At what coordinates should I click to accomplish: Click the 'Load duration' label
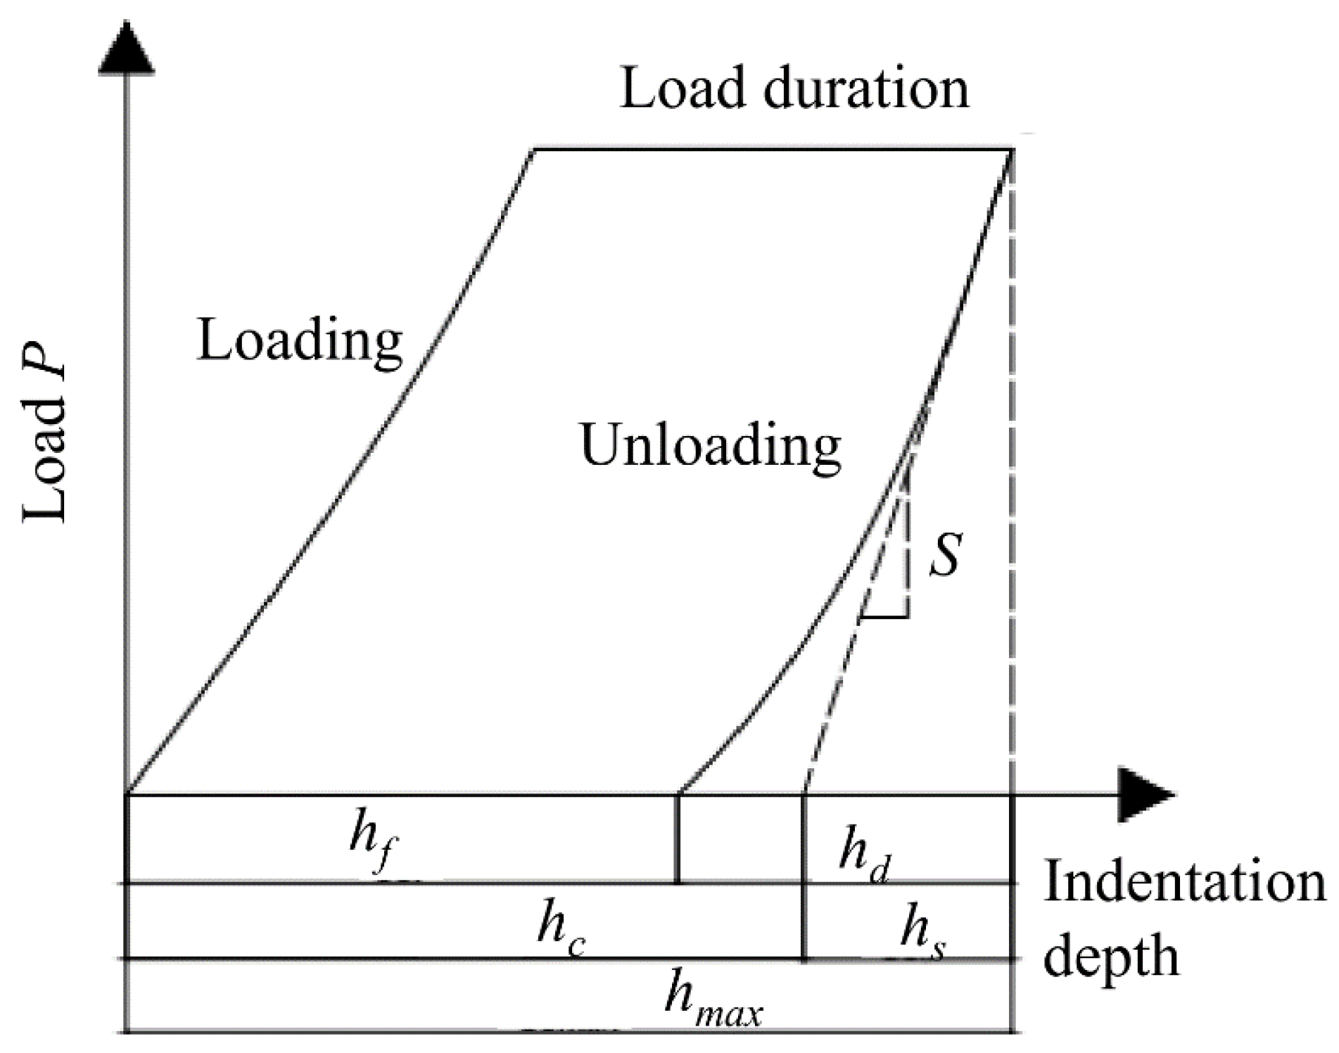point(794,90)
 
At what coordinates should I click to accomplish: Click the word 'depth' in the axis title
point(1110,957)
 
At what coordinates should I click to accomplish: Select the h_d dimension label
point(864,855)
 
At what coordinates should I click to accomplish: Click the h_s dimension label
point(922,933)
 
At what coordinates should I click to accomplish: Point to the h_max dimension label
point(712,1000)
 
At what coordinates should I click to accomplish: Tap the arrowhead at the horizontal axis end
point(1145,796)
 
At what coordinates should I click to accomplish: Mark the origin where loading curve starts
point(127,795)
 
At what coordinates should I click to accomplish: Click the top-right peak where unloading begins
point(1012,150)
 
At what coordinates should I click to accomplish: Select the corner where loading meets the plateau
point(534,149)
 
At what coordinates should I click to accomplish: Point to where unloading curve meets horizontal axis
point(678,795)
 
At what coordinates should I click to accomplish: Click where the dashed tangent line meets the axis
point(804,795)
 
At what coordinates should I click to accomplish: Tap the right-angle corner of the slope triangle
point(908,618)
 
